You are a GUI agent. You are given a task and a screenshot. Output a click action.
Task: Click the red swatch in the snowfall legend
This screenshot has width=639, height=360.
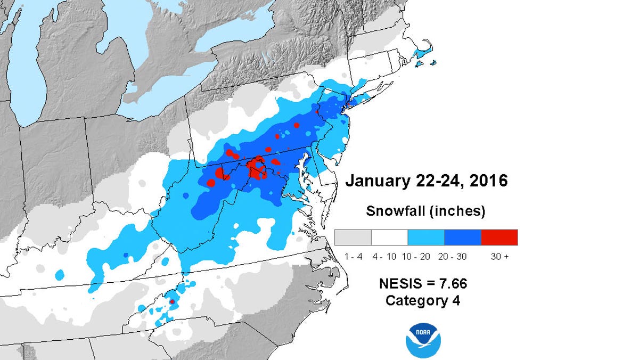pyautogui.click(x=499, y=237)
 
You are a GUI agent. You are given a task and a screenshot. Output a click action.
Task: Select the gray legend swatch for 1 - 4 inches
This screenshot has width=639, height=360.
pyautogui.click(x=353, y=237)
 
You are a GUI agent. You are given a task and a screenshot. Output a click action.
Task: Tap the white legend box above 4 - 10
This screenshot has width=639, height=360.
pyautogui.click(x=389, y=237)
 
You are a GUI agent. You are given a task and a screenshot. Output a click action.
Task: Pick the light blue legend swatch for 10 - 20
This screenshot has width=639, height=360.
pyautogui.click(x=426, y=237)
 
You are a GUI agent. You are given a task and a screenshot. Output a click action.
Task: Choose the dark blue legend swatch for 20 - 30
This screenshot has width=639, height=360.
pyautogui.click(x=463, y=237)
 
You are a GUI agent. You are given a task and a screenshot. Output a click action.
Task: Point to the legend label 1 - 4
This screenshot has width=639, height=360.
pyautogui.click(x=353, y=257)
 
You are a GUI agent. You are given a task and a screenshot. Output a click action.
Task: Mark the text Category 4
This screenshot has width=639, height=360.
pyautogui.click(x=423, y=300)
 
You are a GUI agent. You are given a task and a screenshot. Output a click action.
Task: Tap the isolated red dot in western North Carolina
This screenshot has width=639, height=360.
pyautogui.click(x=172, y=302)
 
